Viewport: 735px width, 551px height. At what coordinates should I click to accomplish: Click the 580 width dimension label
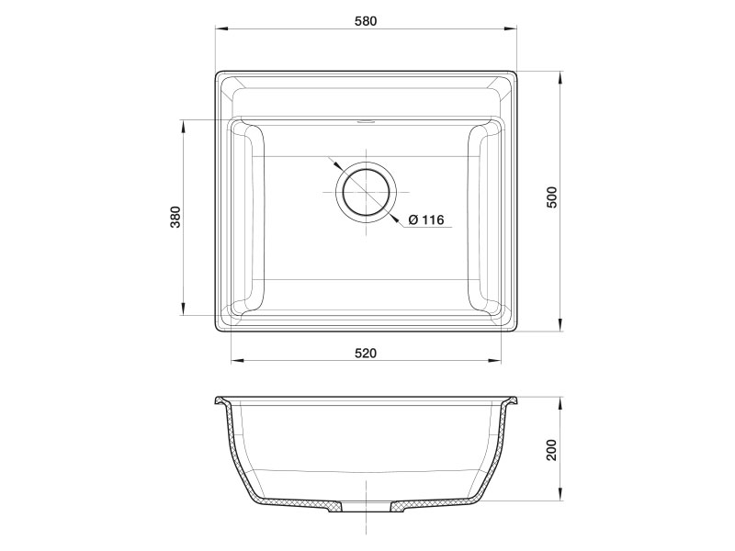coord(366,20)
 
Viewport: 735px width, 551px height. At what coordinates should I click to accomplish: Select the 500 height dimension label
coord(551,198)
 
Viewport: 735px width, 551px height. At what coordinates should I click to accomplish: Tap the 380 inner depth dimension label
coord(175,217)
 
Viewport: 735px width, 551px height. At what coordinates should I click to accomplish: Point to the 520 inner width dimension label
coord(366,353)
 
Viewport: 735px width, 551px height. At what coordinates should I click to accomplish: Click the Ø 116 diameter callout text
coord(424,219)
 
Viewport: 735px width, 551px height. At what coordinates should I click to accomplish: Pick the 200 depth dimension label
coord(551,450)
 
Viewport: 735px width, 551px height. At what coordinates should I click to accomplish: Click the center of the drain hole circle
coord(366,193)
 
